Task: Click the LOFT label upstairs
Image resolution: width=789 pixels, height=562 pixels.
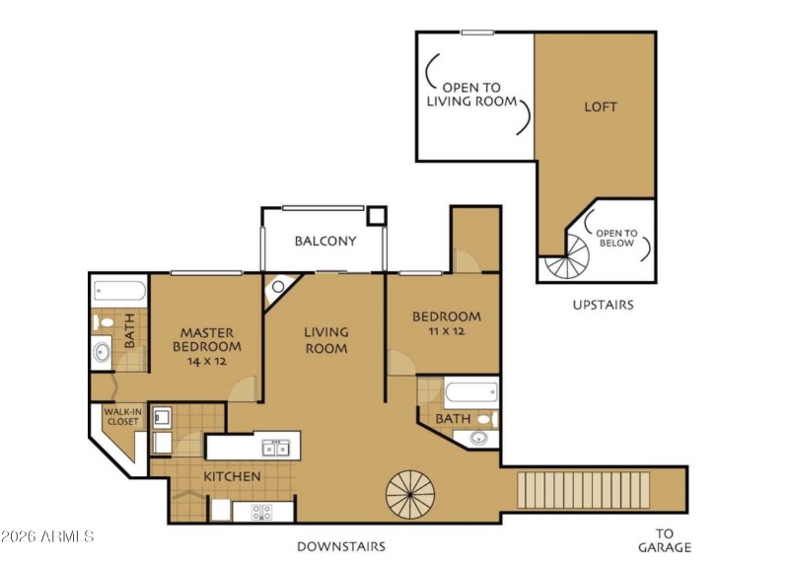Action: (x=601, y=106)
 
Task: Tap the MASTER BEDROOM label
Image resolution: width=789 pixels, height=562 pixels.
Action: (x=206, y=340)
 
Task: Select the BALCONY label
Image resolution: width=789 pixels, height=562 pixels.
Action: (x=324, y=241)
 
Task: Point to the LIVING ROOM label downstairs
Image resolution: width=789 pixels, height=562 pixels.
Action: (x=325, y=340)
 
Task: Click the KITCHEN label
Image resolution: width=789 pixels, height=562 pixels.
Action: (x=232, y=477)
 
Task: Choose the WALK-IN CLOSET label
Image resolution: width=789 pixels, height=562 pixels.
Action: (x=122, y=417)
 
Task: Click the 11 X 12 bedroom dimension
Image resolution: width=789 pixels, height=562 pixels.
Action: (x=446, y=332)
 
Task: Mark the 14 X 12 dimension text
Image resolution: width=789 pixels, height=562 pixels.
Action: (x=207, y=362)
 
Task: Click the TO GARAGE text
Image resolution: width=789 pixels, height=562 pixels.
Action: (x=664, y=539)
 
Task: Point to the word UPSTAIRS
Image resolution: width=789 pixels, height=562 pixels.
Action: (x=603, y=305)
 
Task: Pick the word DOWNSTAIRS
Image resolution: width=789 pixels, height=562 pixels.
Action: (x=341, y=546)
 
